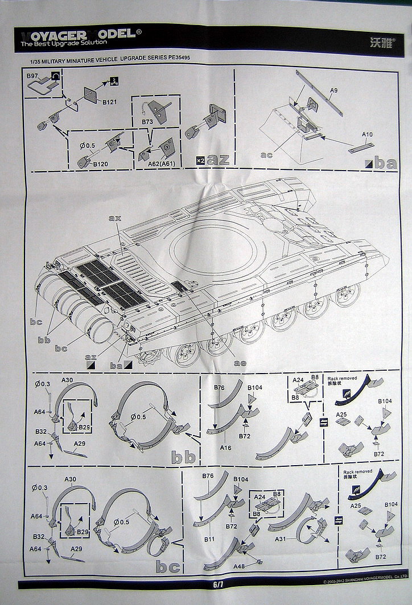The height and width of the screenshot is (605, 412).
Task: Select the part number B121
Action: click(110, 102)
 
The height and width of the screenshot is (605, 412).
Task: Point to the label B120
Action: click(101, 164)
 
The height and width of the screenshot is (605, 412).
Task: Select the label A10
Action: click(368, 134)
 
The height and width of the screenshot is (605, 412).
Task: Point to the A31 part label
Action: click(281, 538)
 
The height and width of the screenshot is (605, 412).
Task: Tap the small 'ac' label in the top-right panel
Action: click(266, 155)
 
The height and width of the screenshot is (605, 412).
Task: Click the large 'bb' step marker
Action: click(184, 457)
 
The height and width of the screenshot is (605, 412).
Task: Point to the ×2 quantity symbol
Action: click(199, 160)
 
